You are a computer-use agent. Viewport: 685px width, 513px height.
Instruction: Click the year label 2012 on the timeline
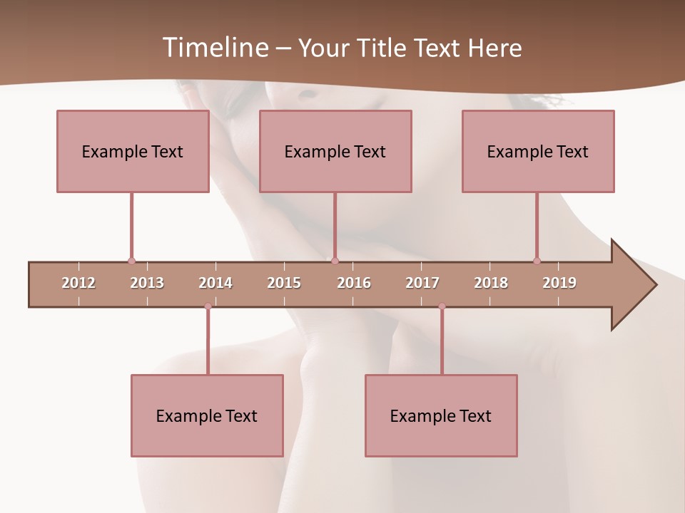(x=78, y=283)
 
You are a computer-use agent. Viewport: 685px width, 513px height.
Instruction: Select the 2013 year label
(x=147, y=283)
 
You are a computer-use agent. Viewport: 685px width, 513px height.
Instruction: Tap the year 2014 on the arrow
(x=215, y=283)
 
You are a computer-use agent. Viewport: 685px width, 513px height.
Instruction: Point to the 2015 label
(x=284, y=283)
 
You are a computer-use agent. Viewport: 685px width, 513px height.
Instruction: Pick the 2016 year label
(x=354, y=283)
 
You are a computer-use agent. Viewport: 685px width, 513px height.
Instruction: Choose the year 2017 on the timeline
(x=422, y=283)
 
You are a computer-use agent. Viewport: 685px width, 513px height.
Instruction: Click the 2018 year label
(x=491, y=283)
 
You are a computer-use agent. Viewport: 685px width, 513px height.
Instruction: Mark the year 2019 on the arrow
(x=559, y=283)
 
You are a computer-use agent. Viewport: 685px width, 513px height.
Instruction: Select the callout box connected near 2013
(x=133, y=151)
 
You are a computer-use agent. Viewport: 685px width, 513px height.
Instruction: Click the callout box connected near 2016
(x=335, y=151)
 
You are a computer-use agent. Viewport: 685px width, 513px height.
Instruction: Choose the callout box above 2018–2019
(x=538, y=151)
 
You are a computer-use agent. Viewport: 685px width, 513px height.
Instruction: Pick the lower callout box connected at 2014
(x=207, y=415)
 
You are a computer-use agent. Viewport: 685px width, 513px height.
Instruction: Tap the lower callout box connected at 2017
(x=441, y=415)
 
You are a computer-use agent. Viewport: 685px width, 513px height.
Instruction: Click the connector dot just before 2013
(x=131, y=261)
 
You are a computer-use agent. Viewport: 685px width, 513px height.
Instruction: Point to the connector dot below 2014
(x=208, y=306)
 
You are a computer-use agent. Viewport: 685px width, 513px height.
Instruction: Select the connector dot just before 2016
(x=335, y=261)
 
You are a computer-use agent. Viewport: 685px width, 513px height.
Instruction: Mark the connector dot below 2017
(x=442, y=306)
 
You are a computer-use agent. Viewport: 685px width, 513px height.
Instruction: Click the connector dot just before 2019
(x=537, y=261)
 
